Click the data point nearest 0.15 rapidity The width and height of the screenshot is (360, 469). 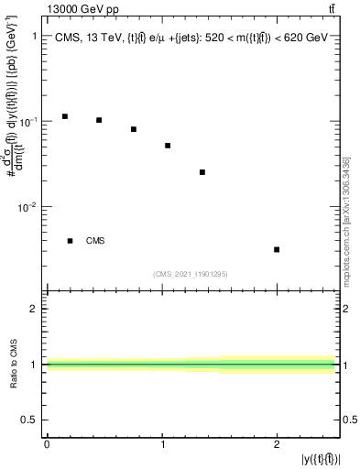[65, 116]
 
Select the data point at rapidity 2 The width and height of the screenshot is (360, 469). [277, 249]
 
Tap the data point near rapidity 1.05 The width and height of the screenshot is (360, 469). [168, 146]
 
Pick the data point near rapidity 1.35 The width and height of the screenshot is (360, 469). [202, 172]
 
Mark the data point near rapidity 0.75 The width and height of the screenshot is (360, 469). [134, 129]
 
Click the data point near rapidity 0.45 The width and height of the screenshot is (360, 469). [99, 120]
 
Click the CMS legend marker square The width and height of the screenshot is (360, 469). [71, 241]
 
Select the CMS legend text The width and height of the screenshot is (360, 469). [95, 241]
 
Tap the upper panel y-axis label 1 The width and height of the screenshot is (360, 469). [34, 37]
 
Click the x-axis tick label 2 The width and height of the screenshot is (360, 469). [277, 444]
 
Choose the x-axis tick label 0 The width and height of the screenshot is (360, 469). [47, 444]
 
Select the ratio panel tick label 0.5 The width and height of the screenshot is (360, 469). [30, 420]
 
